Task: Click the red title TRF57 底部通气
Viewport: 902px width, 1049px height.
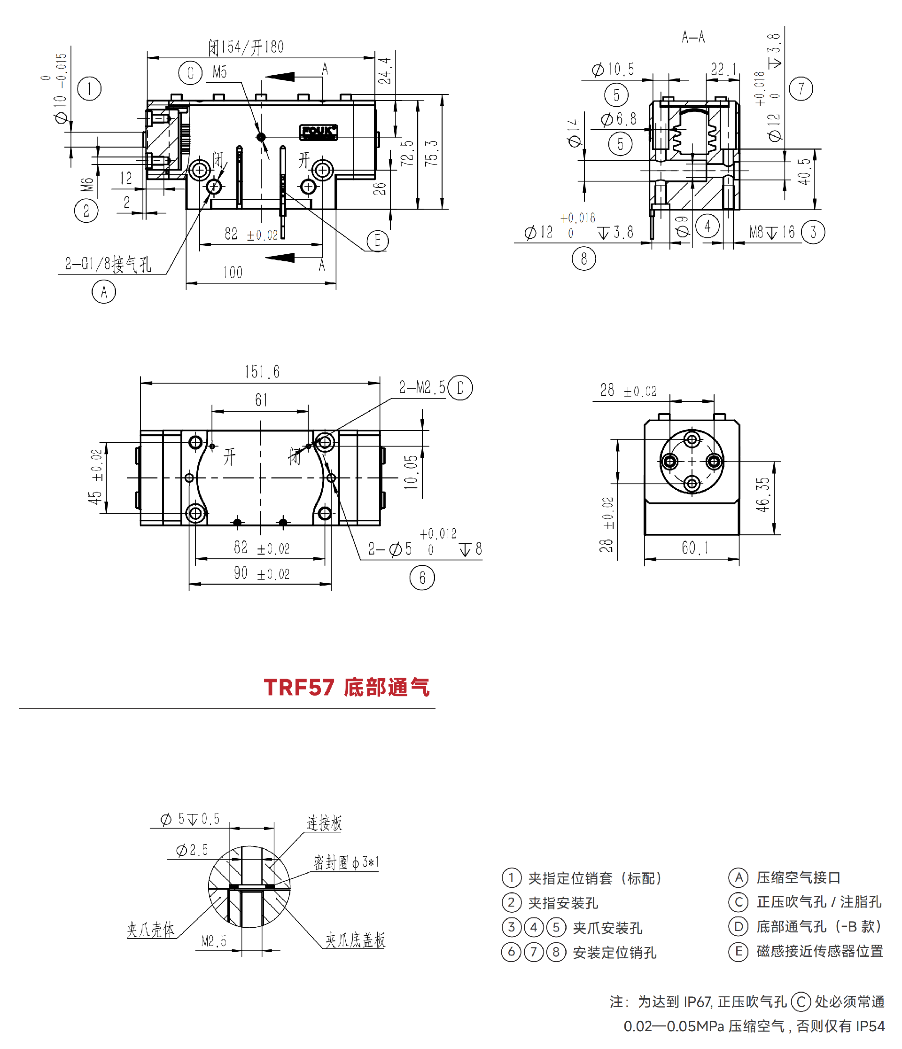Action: point(347,688)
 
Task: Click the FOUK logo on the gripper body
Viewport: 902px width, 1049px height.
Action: point(318,132)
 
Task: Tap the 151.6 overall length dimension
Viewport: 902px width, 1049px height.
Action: point(262,372)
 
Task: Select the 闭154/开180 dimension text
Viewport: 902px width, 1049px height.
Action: point(246,47)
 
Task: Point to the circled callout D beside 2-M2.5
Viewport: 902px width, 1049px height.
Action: point(460,388)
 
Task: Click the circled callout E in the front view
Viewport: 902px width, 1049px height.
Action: point(377,241)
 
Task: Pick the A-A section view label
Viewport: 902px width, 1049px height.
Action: point(693,37)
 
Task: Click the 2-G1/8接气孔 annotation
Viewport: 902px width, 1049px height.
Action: point(108,264)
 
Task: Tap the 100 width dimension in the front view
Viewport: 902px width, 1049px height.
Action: point(233,273)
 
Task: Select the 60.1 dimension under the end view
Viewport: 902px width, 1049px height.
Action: point(695,547)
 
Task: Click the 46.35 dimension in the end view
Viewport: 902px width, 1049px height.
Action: point(763,494)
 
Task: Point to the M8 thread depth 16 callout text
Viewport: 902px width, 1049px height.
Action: point(772,232)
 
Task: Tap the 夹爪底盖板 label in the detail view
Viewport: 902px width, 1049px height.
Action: point(355,940)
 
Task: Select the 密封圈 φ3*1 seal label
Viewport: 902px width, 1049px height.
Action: point(346,863)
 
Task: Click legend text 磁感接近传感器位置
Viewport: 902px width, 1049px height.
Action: point(819,951)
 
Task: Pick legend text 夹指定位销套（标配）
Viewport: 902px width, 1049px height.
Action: point(595,878)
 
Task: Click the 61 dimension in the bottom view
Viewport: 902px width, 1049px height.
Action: point(261,400)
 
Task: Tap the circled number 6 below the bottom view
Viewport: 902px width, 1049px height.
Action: point(422,578)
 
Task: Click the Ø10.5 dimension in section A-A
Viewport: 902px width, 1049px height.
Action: point(613,70)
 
